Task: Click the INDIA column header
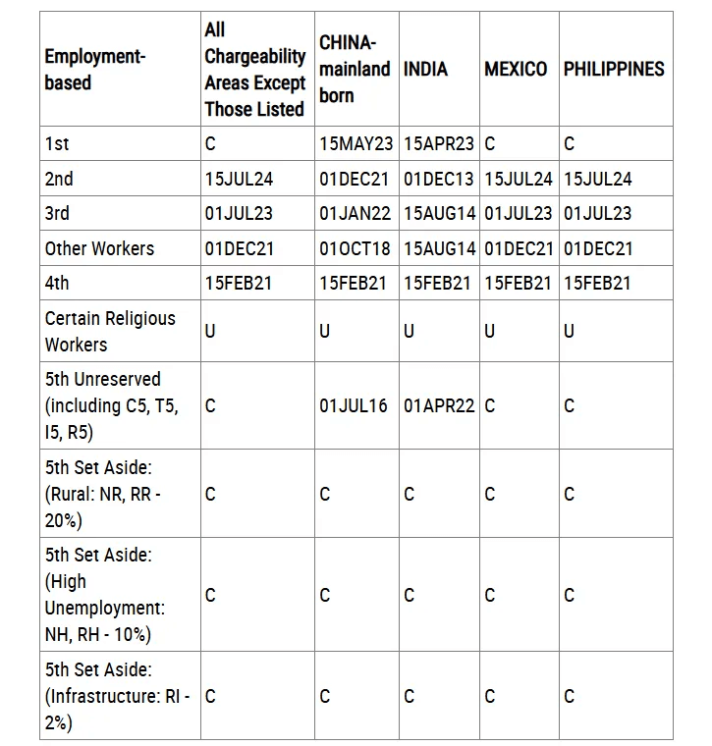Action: point(425,69)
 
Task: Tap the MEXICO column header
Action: point(516,69)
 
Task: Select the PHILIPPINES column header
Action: point(614,69)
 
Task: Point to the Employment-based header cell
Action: point(94,69)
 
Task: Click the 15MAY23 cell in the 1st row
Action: point(356,143)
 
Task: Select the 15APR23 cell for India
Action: point(438,143)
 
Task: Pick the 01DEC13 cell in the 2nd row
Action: point(438,179)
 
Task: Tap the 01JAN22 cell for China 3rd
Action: point(355,213)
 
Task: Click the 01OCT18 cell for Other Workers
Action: point(355,248)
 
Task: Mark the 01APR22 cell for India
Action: point(438,405)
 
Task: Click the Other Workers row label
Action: point(99,248)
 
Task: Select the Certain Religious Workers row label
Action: point(110,331)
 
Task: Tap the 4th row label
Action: point(57,283)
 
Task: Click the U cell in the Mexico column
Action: point(490,331)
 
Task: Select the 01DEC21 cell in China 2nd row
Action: point(355,179)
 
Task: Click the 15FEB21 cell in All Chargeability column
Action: point(239,283)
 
